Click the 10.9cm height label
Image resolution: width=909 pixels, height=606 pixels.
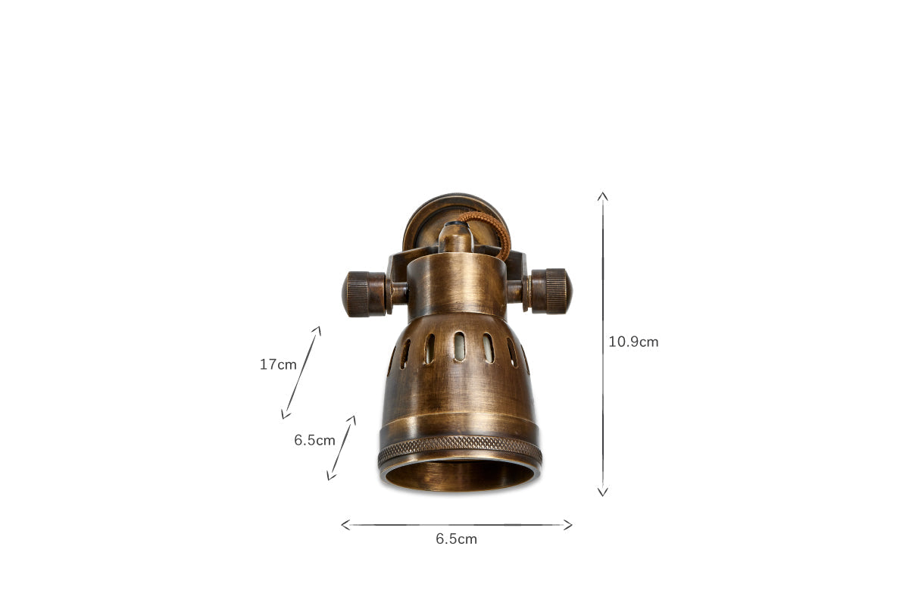click(x=633, y=342)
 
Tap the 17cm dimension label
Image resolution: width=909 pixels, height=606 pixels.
click(x=278, y=364)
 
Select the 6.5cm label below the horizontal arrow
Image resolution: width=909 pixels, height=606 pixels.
click(x=456, y=539)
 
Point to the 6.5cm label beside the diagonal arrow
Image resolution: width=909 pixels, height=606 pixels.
click(x=314, y=440)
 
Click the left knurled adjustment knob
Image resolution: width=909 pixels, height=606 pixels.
click(x=364, y=294)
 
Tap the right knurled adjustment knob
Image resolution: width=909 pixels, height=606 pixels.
click(x=551, y=291)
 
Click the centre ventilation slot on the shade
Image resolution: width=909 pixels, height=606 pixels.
click(x=459, y=347)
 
